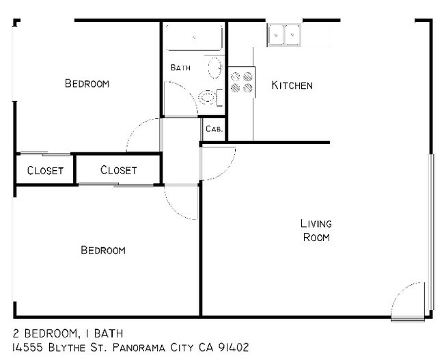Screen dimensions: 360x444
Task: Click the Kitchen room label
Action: click(x=292, y=85)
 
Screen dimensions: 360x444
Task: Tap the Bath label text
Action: click(x=180, y=68)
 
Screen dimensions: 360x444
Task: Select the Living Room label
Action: click(x=316, y=230)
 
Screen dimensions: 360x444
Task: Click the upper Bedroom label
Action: click(x=87, y=83)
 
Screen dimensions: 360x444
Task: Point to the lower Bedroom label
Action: click(x=103, y=250)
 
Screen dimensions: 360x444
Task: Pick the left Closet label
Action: click(x=45, y=170)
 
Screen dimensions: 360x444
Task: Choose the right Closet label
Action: click(x=118, y=170)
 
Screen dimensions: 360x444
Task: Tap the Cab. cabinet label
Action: click(x=214, y=128)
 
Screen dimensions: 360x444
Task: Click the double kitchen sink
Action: click(x=284, y=34)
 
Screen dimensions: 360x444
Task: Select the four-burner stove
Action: click(x=240, y=83)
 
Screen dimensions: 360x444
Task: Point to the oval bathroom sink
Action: click(x=214, y=68)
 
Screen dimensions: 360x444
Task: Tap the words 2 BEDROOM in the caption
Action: click(x=44, y=333)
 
